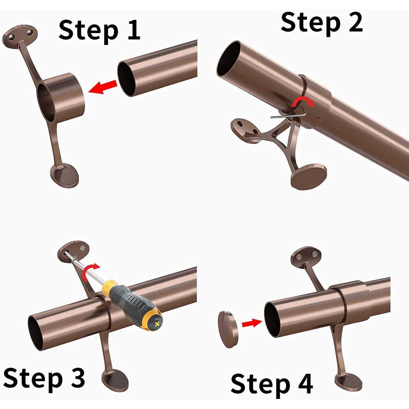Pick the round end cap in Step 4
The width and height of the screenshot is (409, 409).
tap(228, 329)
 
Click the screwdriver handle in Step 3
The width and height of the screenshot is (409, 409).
tap(134, 305)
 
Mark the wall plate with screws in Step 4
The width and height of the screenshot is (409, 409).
tap(307, 255)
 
